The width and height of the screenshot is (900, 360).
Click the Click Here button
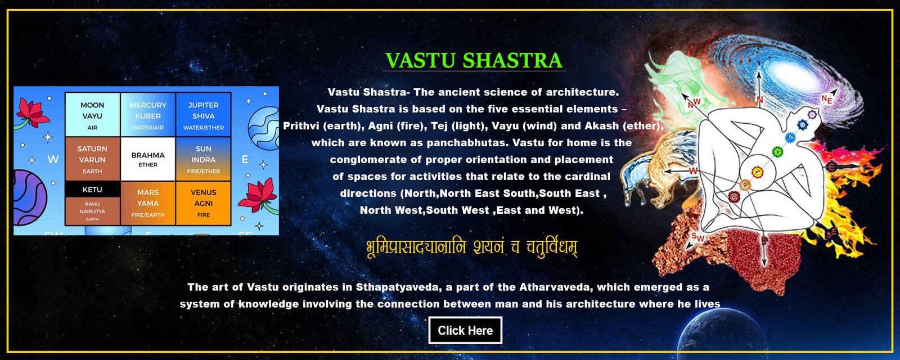(x=465, y=330)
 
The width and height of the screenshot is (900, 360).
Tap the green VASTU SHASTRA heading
(x=474, y=60)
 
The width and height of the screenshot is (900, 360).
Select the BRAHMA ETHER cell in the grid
(x=148, y=159)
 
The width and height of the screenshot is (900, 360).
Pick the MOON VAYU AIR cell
(x=92, y=115)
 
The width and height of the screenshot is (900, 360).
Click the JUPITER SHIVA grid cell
(x=203, y=115)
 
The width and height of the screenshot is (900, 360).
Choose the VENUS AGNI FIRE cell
(x=203, y=204)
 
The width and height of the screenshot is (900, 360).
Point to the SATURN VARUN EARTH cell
(x=92, y=159)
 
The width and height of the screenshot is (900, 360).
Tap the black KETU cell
(x=92, y=189)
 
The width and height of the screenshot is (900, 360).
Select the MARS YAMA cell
(x=148, y=204)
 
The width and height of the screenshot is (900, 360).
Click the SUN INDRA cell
(x=203, y=159)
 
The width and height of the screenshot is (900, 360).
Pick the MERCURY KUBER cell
(x=148, y=115)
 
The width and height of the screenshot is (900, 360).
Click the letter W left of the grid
(x=53, y=160)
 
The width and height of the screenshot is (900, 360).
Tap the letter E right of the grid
(x=245, y=160)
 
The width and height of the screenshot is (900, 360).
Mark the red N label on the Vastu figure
(x=759, y=99)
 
